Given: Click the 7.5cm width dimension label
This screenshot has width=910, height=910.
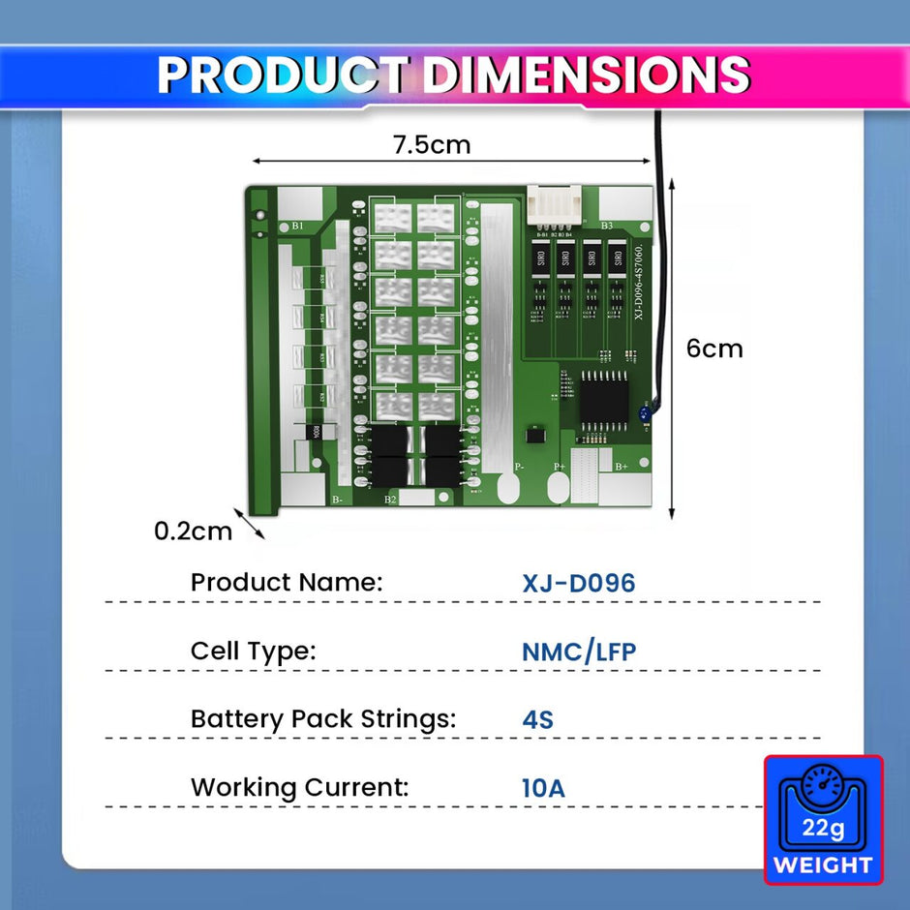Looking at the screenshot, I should point(431,145).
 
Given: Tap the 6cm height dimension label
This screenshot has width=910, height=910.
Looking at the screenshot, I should point(714,349).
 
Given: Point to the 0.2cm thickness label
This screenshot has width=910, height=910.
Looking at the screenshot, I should point(194,531).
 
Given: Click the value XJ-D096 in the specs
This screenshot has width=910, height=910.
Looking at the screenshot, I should point(578,584).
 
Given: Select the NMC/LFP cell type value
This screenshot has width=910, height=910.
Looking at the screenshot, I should point(578,652).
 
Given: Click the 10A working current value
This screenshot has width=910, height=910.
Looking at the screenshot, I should point(542,787).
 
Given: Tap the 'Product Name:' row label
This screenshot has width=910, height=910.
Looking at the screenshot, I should point(287,583).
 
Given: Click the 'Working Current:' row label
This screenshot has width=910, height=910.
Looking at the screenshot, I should point(299,787).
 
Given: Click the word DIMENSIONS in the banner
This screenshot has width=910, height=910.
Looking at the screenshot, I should point(587,75).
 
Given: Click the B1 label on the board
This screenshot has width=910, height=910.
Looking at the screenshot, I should point(297,227).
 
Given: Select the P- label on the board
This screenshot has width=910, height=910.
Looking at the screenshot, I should point(520,467).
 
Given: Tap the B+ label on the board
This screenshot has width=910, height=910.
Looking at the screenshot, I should point(622,467).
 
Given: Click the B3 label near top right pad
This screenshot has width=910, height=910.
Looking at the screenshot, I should point(607,227).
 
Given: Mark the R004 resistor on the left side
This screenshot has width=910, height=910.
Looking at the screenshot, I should point(314,433).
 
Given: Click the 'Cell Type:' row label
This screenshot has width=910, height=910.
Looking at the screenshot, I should point(253,652).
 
